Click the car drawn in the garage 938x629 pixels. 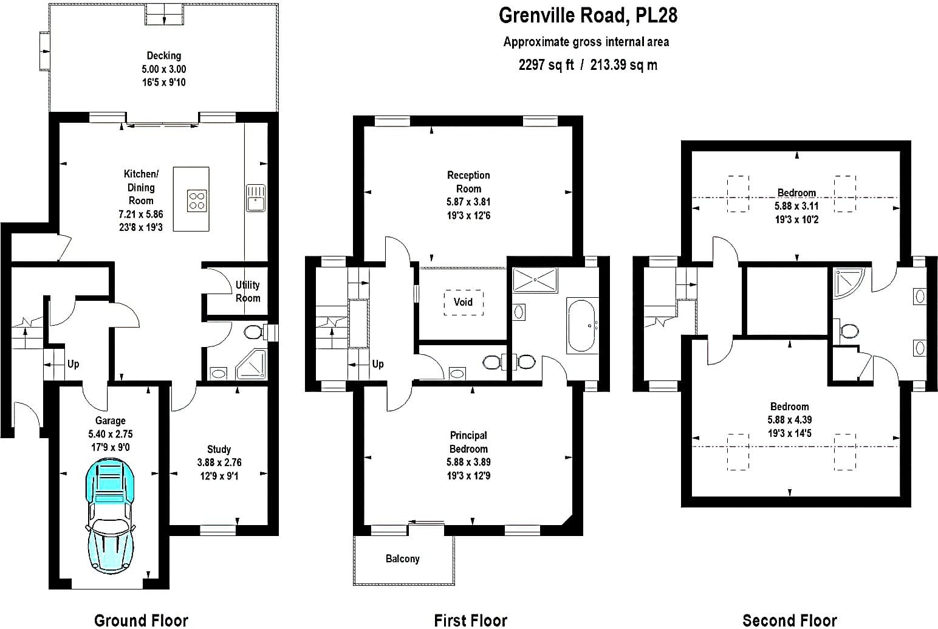pyautogui.click(x=111, y=515)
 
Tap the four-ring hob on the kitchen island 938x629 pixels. pyautogui.click(x=197, y=201)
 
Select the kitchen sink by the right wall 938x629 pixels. pyautogui.click(x=255, y=198)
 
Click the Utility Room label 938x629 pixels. pyautogui.click(x=247, y=292)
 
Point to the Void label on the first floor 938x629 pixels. pyautogui.click(x=463, y=302)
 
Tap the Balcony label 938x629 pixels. pyautogui.click(x=402, y=559)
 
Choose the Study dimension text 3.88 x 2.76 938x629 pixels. pyautogui.click(x=219, y=462)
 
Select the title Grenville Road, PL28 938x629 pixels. pyautogui.click(x=588, y=15)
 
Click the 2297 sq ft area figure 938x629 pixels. pyautogui.click(x=546, y=65)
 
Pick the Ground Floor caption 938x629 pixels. pyautogui.click(x=141, y=620)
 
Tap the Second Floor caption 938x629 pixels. pyautogui.click(x=789, y=620)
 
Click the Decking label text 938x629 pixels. pyautogui.click(x=164, y=56)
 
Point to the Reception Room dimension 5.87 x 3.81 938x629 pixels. pyautogui.click(x=468, y=202)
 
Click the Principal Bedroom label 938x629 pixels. pyautogui.click(x=468, y=442)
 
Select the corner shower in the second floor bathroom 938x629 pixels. pyautogui.click(x=848, y=283)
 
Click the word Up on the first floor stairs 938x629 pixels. pyautogui.click(x=378, y=364)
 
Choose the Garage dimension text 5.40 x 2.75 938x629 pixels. pyautogui.click(x=110, y=434)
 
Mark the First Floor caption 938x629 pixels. pyautogui.click(x=470, y=620)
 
